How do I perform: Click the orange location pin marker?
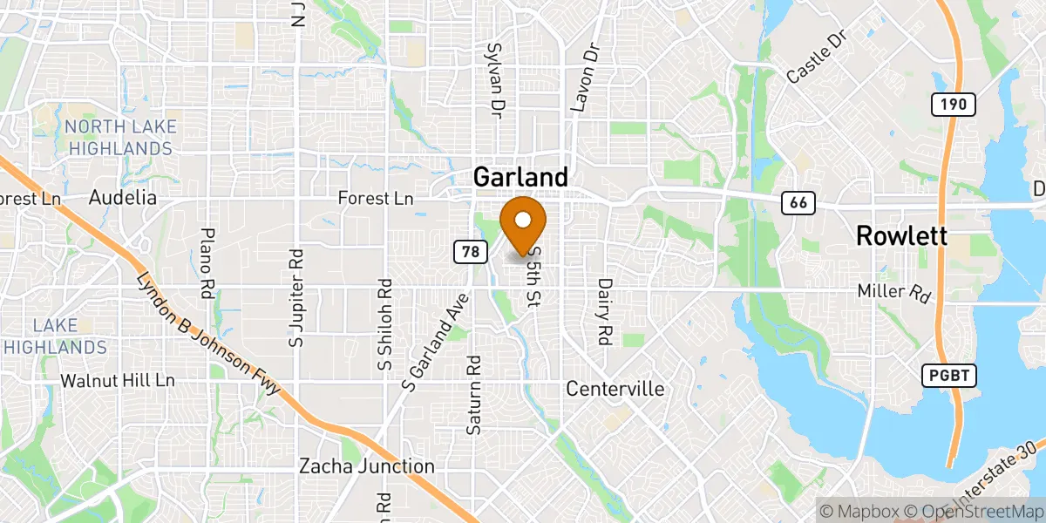coord(524,224)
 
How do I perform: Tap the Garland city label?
coord(520,177)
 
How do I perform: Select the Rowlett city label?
coord(901,235)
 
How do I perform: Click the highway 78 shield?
coord(469,252)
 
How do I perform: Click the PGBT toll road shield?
coord(948,376)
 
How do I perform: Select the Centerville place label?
coord(615,389)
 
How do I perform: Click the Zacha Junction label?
coord(366,465)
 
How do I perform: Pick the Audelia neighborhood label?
coord(123,198)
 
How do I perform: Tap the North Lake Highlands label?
coord(121,138)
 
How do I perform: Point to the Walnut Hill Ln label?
coord(118,381)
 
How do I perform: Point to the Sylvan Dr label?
coord(497,81)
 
